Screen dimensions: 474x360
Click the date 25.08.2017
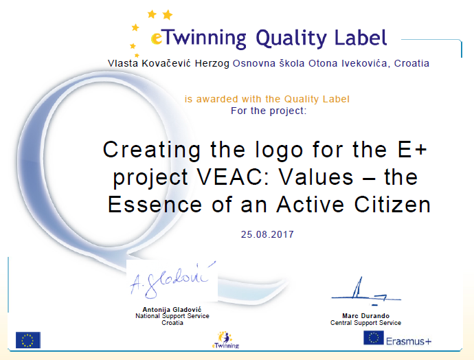pos(267,234)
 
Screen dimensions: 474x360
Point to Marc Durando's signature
pos(366,291)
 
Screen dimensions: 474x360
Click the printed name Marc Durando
pos(365,316)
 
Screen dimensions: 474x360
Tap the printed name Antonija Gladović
pos(172,310)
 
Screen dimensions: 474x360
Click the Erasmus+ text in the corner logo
pos(409,341)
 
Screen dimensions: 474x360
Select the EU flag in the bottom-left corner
pos(28,340)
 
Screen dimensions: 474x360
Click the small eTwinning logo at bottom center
pos(225,340)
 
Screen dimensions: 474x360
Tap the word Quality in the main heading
pos(291,38)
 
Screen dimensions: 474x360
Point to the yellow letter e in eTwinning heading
pos(157,38)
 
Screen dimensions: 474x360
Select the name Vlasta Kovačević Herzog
pos(169,63)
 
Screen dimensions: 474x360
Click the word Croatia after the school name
pos(411,63)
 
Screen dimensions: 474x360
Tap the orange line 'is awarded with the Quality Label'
pos(267,99)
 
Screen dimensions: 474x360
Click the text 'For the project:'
pos(269,111)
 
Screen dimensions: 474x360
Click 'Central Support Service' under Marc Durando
pos(365,323)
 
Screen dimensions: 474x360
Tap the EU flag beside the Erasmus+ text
pos(374,338)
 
